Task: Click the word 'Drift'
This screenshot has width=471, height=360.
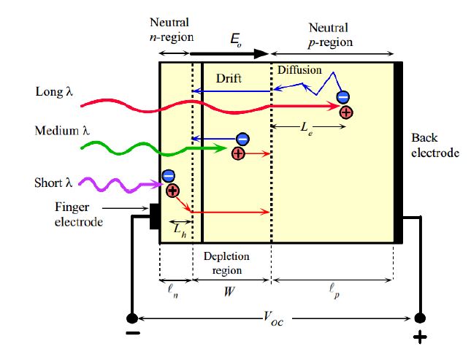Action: tap(228, 77)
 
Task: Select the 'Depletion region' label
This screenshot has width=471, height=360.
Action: tap(231, 263)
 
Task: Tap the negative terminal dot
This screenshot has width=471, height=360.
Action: tap(132, 318)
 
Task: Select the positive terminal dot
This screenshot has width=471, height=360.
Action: tap(419, 318)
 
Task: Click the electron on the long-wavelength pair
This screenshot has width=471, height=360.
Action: tap(342, 97)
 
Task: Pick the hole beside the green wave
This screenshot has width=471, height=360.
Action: tap(238, 153)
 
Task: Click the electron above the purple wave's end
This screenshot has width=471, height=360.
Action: tap(169, 175)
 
